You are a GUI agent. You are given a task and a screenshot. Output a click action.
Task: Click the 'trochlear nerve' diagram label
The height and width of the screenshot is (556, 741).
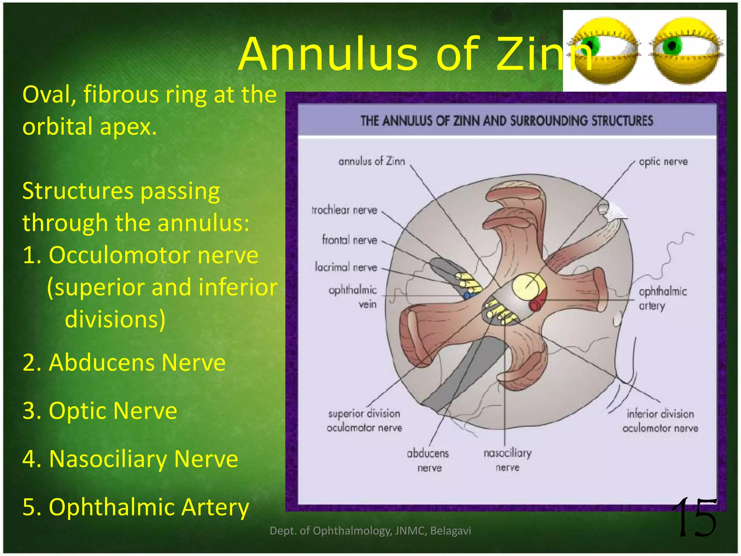point(344,210)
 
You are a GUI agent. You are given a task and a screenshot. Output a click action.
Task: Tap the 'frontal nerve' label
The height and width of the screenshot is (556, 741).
point(350,240)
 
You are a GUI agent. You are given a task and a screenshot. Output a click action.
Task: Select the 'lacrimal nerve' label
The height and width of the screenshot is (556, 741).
point(346,267)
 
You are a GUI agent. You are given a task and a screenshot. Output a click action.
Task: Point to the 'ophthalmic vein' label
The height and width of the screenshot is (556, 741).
point(353,297)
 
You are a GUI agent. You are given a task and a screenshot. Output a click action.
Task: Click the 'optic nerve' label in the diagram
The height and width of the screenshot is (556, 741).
point(663,161)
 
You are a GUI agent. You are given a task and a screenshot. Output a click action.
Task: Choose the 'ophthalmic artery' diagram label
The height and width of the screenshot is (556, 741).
point(662,298)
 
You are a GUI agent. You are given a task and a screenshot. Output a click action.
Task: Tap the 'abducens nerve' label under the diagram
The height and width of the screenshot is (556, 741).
point(428,460)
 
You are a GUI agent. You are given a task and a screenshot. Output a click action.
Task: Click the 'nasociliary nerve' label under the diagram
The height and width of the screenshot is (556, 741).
point(508,460)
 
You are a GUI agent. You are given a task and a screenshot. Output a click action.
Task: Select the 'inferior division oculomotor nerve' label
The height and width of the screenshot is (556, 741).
point(660,421)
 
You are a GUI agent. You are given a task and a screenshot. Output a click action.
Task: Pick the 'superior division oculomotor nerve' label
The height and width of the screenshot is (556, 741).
point(364,421)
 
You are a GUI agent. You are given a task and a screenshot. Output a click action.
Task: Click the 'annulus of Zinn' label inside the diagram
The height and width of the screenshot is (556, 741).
point(372,161)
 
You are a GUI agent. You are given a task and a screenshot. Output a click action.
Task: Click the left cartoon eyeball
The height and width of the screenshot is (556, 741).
point(605,51)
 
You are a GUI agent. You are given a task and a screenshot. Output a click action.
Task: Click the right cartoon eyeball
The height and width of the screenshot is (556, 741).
point(685,51)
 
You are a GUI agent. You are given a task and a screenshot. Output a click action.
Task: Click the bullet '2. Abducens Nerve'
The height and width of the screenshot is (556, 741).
point(124,362)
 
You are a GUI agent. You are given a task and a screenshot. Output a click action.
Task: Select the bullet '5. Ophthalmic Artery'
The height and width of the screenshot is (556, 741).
point(136,507)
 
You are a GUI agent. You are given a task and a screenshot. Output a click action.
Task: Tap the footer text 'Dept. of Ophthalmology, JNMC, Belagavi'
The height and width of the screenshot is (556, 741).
point(370,531)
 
